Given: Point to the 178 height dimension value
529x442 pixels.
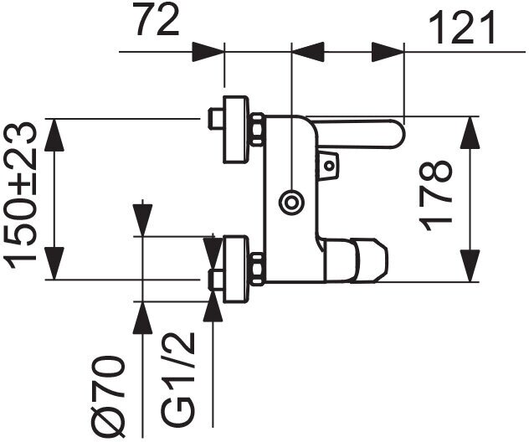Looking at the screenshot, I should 436,197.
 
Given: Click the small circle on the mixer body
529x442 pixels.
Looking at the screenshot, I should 292,202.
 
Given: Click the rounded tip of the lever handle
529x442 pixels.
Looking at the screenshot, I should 393,134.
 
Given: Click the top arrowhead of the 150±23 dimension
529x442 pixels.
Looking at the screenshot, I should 54,133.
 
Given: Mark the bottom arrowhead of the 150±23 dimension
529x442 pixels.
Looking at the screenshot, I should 54,266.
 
